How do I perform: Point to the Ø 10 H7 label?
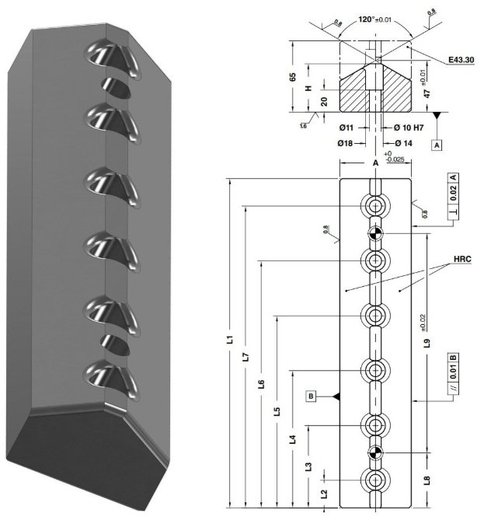[409, 128]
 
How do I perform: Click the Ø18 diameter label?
[347, 143]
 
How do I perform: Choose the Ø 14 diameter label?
[402, 143]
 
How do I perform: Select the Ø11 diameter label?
[347, 128]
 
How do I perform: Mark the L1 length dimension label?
[230, 340]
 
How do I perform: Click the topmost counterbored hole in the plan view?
[376, 207]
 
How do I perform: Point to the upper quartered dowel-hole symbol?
[376, 232]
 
